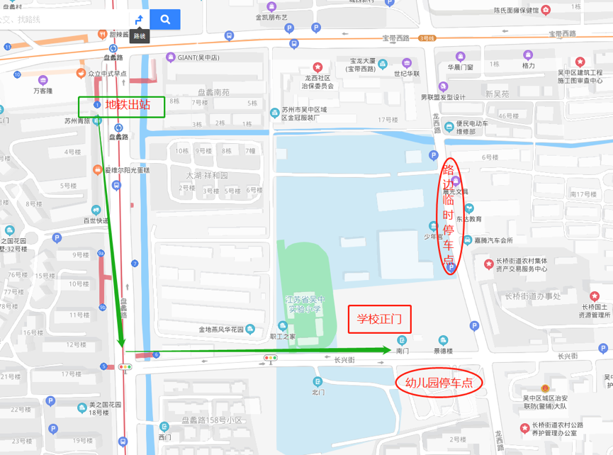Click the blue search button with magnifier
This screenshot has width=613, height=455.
pyautogui.click(x=165, y=19)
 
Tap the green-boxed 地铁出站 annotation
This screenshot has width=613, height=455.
pyautogui.click(x=121, y=106)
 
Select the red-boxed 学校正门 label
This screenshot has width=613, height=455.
pyautogui.click(x=379, y=319)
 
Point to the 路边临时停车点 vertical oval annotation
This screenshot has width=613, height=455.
pyautogui.click(x=449, y=216)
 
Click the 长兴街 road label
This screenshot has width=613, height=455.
pyautogui.click(x=344, y=359)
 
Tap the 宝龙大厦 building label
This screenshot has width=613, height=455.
pyautogui.click(x=361, y=65)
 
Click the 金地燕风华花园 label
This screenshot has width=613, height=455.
pyautogui.click(x=221, y=330)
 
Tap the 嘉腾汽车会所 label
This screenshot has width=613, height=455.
pyautogui.click(x=493, y=240)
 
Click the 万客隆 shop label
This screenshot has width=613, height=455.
pyautogui.click(x=43, y=91)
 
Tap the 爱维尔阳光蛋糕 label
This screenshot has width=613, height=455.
pyautogui.click(x=126, y=170)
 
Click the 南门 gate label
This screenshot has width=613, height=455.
pyautogui.click(x=402, y=351)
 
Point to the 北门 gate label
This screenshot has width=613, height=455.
pyautogui.click(x=318, y=392)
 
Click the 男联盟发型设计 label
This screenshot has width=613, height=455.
pyautogui.click(x=443, y=97)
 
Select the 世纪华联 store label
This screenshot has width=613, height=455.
pyautogui.click(x=406, y=73)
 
